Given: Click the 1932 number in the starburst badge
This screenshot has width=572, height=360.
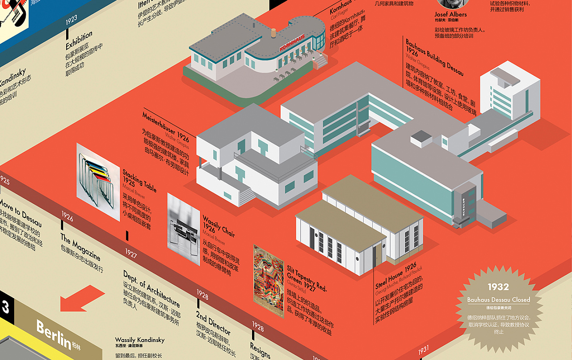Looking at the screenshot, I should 498,287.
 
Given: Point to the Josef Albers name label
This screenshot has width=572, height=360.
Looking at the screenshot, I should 450,14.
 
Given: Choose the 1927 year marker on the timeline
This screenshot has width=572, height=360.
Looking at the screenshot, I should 131,254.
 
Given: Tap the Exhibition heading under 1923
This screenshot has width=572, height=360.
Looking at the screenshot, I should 79,40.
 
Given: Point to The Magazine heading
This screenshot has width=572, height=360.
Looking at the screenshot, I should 80,247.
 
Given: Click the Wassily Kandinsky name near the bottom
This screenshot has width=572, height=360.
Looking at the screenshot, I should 140,340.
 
